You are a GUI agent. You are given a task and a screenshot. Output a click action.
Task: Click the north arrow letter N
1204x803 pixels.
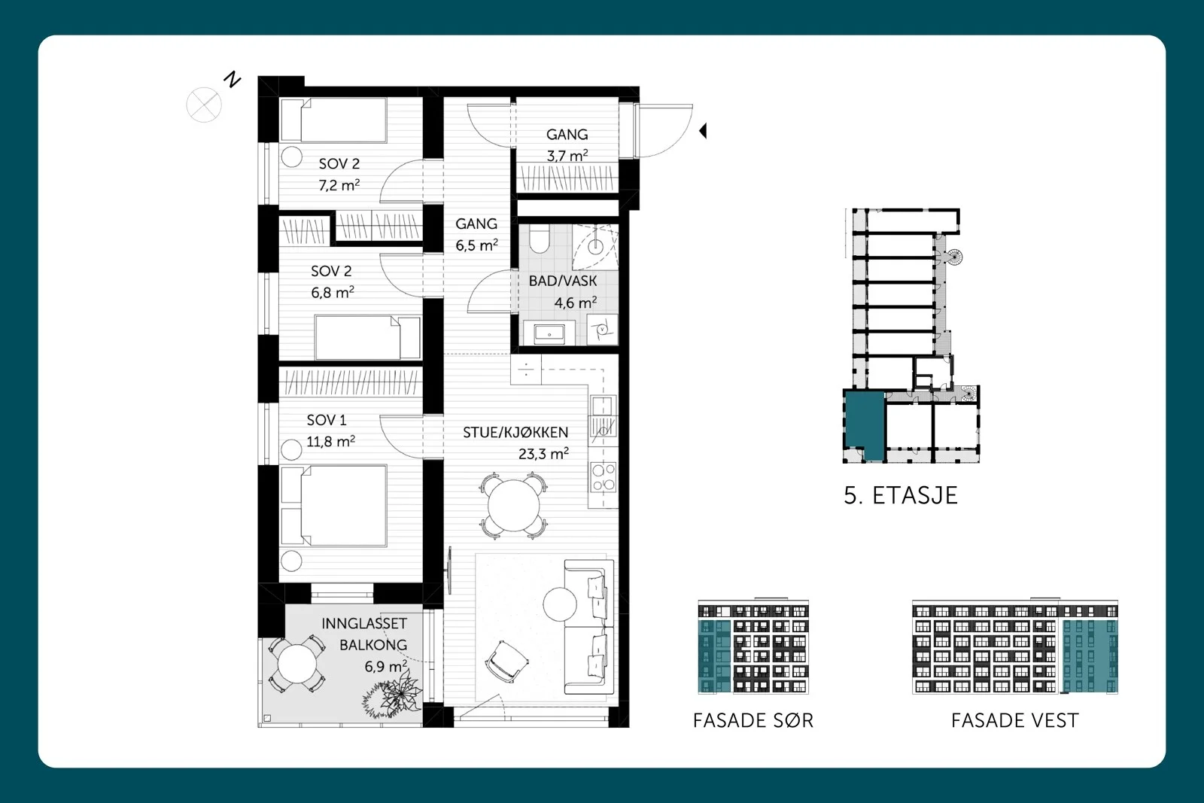pyautogui.click(x=233, y=80)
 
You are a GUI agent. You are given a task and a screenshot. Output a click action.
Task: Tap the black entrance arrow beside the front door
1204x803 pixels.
pyautogui.click(x=703, y=131)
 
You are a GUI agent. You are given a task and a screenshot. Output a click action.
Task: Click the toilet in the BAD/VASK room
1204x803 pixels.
pyautogui.click(x=539, y=239)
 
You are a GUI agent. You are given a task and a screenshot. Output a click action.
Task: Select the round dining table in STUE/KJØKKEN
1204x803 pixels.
pyautogui.click(x=513, y=506)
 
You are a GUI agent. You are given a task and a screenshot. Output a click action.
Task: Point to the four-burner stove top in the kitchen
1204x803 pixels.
pyautogui.click(x=603, y=477)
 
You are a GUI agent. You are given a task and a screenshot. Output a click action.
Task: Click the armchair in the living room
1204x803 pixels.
pyautogui.click(x=506, y=661)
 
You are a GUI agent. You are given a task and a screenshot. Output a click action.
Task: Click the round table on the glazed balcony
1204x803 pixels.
pyautogui.click(x=296, y=664)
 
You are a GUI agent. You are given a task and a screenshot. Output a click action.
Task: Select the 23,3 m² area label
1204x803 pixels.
pyautogui.click(x=543, y=454)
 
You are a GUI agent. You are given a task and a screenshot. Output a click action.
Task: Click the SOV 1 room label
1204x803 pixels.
pyautogui.click(x=327, y=420)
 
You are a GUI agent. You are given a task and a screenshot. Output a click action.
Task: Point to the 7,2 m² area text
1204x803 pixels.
pyautogui.click(x=339, y=185)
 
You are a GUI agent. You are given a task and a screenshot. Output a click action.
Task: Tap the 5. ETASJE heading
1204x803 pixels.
pyautogui.click(x=901, y=495)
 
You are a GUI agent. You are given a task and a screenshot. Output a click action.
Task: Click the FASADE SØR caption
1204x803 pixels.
pyautogui.click(x=753, y=720)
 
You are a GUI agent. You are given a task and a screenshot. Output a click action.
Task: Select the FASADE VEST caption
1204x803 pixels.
pyautogui.click(x=1015, y=720)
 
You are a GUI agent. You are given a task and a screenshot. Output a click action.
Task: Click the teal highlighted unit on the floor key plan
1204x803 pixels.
pyautogui.click(x=865, y=424)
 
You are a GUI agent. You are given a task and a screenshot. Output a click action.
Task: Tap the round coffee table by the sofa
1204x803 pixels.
pyautogui.click(x=560, y=604)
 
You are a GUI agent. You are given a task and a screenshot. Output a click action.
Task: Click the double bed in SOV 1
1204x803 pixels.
pyautogui.click(x=334, y=505)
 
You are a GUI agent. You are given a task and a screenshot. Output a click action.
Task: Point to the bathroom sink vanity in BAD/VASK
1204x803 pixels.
pyautogui.click(x=549, y=333)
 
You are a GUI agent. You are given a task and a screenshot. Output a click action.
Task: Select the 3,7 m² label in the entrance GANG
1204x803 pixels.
pyautogui.click(x=567, y=156)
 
